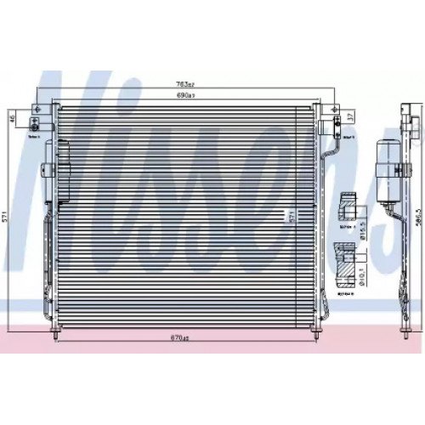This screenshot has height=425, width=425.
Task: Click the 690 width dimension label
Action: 185,97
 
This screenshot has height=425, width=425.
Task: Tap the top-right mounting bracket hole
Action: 336,111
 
